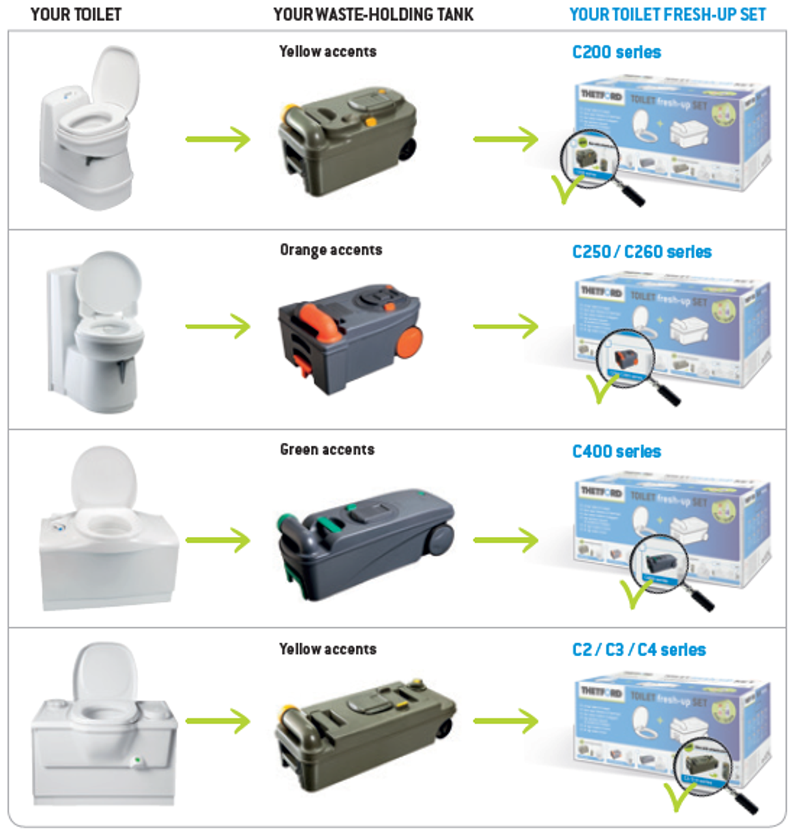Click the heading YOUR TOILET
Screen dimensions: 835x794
pyautogui.click(x=76, y=14)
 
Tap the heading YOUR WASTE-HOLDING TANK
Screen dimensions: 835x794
pyautogui.click(x=373, y=14)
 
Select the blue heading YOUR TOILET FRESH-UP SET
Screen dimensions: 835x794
pyautogui.click(x=667, y=14)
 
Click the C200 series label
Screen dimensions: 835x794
pyautogui.click(x=616, y=52)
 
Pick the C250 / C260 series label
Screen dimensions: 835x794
pyautogui.click(x=641, y=252)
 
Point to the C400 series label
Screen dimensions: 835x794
pyautogui.click(x=616, y=451)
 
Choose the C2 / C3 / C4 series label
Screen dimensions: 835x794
pyautogui.click(x=639, y=650)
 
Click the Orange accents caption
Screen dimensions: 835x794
pyautogui.click(x=331, y=250)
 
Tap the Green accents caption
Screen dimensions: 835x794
pyautogui.click(x=327, y=449)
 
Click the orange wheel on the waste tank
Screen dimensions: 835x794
pyautogui.click(x=409, y=342)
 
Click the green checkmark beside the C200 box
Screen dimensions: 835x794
pyautogui.click(x=565, y=189)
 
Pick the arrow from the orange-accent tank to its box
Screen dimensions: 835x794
pyautogui.click(x=505, y=326)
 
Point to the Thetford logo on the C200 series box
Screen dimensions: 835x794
pyautogui.click(x=601, y=95)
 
